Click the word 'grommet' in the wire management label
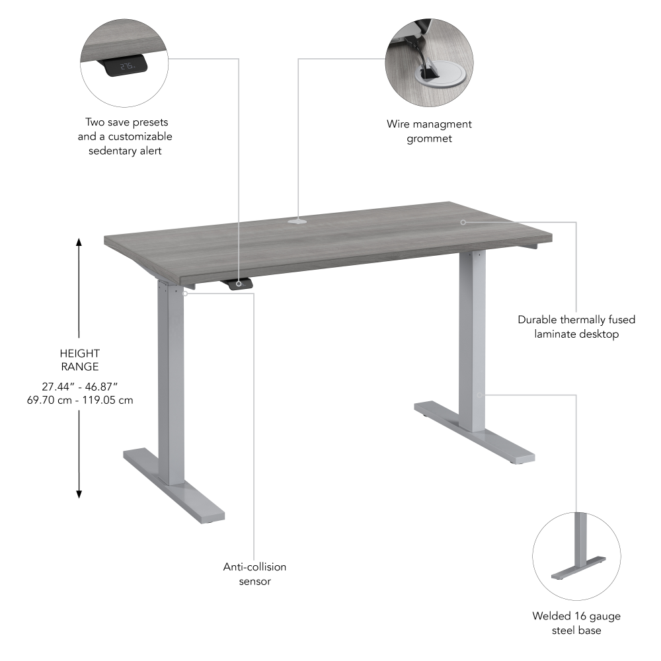[429, 139]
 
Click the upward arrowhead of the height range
[79, 242]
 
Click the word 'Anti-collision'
[254, 567]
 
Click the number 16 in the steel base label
[578, 617]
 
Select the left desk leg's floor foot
[174, 483]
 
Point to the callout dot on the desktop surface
[463, 222]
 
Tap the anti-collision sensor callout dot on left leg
[186, 293]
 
